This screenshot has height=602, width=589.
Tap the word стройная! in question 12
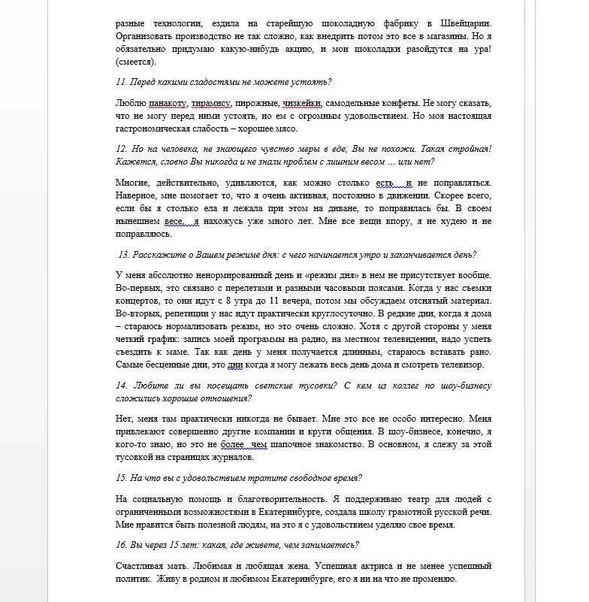coord(471,149)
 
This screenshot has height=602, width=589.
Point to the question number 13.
coord(125,254)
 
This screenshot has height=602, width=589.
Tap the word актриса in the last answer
coord(376,566)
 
